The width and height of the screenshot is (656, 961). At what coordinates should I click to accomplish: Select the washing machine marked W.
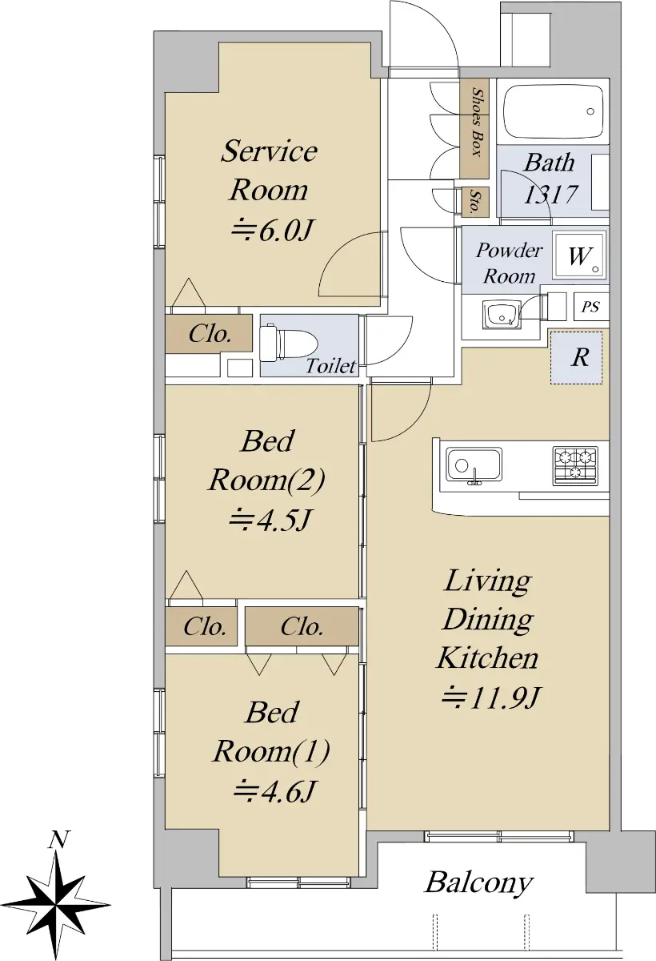tap(579, 255)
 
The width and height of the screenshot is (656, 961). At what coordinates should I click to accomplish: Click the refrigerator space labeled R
tap(577, 357)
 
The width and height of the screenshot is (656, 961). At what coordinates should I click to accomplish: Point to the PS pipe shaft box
tap(590, 306)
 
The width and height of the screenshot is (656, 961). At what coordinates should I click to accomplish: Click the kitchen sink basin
tap(474, 465)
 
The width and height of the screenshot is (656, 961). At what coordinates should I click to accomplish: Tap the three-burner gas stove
tap(575, 466)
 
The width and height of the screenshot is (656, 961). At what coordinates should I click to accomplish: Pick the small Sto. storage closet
tap(474, 202)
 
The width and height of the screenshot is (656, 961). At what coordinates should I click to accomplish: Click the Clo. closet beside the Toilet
tap(209, 334)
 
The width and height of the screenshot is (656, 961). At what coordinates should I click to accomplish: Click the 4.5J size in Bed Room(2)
tap(270, 520)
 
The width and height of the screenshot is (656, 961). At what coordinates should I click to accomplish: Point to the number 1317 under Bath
tap(551, 195)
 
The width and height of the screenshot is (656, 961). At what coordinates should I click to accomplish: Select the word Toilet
tap(330, 366)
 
